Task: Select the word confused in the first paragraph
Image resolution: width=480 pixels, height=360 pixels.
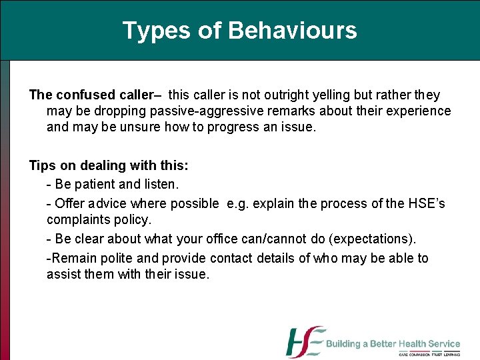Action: [83, 95]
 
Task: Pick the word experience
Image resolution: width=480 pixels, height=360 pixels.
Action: [418, 111]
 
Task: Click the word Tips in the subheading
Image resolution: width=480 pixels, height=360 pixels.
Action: [42, 166]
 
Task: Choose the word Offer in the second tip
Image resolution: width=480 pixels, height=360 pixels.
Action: [69, 203]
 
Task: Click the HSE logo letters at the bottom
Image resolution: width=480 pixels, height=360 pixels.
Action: [305, 342]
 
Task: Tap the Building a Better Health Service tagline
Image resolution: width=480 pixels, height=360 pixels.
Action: [393, 344]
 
